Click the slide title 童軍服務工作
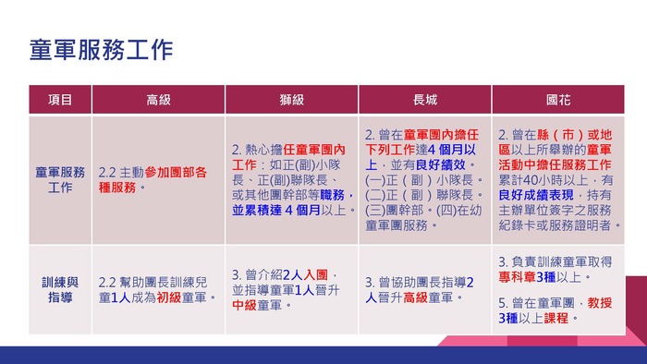point(101,50)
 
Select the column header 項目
point(60,100)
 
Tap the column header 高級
point(158,100)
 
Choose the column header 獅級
point(292,100)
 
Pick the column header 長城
point(425,100)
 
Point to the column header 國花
point(558,100)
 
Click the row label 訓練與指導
point(60,289)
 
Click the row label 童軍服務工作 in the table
point(60,180)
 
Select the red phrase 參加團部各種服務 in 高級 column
point(153,180)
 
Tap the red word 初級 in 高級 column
point(169,297)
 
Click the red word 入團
point(316,274)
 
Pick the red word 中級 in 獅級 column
point(244,305)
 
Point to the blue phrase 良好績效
point(440,164)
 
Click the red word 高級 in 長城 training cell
point(415,297)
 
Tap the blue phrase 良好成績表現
point(536,195)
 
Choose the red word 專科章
point(517,277)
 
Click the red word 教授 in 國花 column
point(600,303)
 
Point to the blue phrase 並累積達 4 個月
point(276,210)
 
